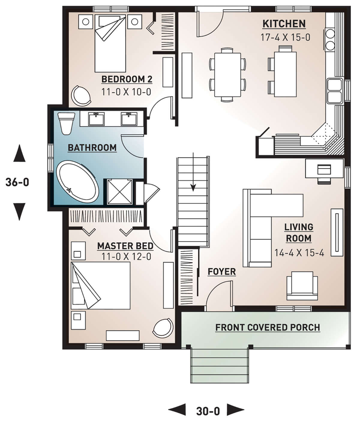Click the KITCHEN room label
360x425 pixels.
[284, 24]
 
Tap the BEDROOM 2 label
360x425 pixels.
[127, 79]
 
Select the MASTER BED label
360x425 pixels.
[125, 246]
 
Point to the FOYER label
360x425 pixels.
[222, 272]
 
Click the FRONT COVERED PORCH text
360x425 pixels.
[268, 328]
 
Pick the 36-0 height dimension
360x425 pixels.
[17, 182]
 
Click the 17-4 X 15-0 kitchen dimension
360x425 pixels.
[285, 37]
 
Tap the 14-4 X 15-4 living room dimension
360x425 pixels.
[299, 253]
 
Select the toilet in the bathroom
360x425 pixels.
[66, 123]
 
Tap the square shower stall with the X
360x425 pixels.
[120, 192]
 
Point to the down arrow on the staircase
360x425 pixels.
[193, 172]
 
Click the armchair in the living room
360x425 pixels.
[302, 286]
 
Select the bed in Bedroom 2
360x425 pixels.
[110, 43]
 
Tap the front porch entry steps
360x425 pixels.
[220, 366]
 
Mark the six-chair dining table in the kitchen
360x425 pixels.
[227, 75]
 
